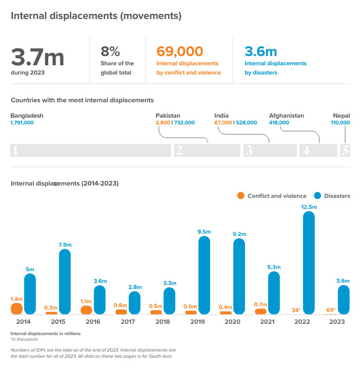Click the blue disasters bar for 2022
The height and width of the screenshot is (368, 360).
point(309,263)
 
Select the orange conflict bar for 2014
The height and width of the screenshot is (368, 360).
point(17,308)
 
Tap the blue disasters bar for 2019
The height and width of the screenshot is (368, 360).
point(204,275)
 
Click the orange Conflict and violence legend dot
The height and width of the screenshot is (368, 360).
point(241,196)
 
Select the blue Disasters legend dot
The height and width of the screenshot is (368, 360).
point(317,196)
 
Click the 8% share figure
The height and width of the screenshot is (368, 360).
point(110,51)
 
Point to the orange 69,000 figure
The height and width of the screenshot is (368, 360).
point(180,51)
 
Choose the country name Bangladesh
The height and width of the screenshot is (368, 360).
point(27,116)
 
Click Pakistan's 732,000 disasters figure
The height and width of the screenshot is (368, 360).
point(184,123)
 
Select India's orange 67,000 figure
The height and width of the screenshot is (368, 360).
point(223,123)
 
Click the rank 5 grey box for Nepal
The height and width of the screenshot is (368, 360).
point(345,150)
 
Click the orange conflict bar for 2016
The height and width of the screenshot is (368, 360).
point(86,309)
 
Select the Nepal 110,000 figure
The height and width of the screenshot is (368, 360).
point(339,123)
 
